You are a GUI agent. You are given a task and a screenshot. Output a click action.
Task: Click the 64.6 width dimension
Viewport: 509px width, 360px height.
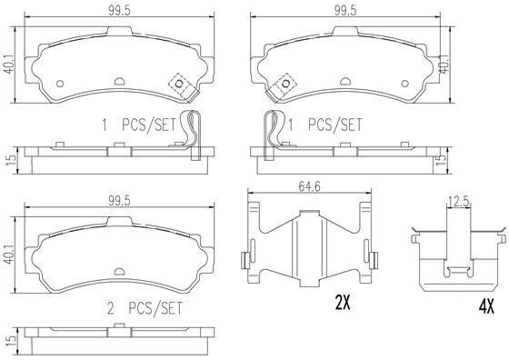309,186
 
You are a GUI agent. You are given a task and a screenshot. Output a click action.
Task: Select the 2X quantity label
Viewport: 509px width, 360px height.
343,304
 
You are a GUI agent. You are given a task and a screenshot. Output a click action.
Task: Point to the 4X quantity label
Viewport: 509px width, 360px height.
486,306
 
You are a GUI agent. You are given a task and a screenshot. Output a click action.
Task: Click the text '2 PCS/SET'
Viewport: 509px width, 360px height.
145,308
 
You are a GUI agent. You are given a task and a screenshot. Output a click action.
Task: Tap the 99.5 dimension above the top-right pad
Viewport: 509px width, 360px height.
345,11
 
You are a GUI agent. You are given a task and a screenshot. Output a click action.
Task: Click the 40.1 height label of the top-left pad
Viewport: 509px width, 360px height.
10,65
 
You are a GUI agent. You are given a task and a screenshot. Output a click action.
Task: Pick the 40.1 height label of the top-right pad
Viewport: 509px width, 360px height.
444,65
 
